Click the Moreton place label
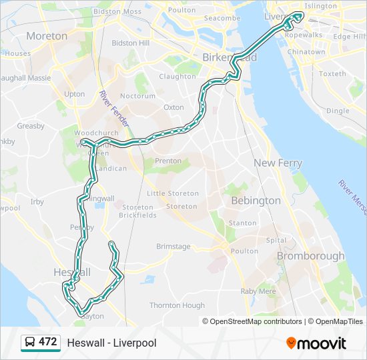(47, 35)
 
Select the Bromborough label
(310, 256)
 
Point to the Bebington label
(256, 200)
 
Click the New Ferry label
(278, 163)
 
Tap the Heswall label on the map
(71, 273)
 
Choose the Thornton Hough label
(177, 305)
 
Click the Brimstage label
(173, 247)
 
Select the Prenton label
(167, 161)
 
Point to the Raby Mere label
(258, 291)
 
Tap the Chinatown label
(308, 52)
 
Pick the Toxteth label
(332, 74)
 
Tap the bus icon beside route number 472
(30, 343)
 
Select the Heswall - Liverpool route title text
(111, 343)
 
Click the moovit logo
(316, 343)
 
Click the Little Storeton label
(173, 193)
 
